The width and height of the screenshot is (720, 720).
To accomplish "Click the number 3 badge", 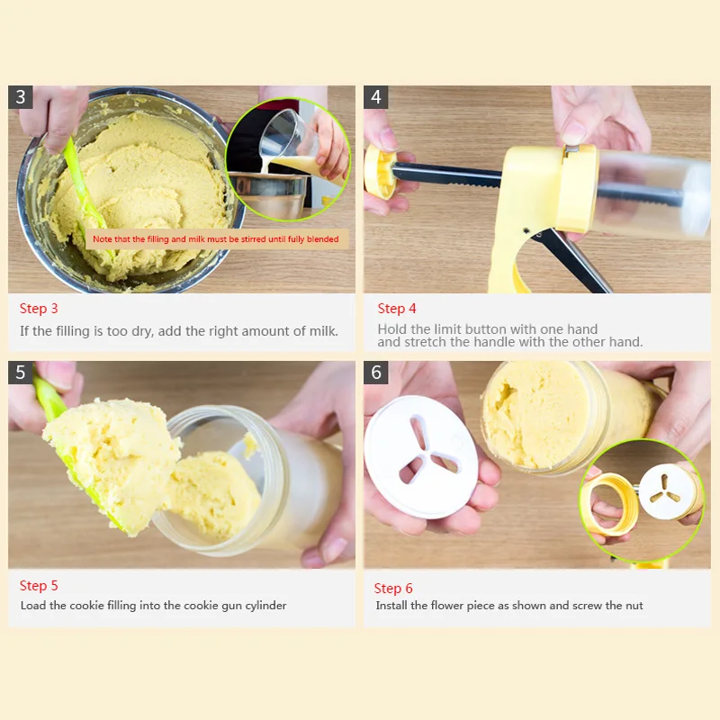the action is click(20, 97).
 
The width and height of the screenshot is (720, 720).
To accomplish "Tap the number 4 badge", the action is click(375, 97).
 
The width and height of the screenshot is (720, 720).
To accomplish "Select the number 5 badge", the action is click(20, 373).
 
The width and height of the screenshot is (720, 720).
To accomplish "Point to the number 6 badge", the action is click(375, 373).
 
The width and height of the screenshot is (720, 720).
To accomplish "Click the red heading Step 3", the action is click(39, 309).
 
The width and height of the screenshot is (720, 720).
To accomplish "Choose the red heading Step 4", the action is click(397, 309).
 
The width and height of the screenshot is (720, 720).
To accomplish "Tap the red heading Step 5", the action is click(39, 586).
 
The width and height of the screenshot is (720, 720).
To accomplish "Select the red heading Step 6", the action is click(393, 589).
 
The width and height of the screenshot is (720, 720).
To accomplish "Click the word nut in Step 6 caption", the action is click(634, 606).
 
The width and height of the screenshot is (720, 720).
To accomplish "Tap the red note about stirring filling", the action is click(216, 238).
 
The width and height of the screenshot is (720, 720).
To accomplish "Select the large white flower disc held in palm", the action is click(420, 457).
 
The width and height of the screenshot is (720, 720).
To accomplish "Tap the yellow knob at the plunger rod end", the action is click(380, 171).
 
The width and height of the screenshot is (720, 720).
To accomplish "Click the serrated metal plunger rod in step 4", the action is click(446, 175).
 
